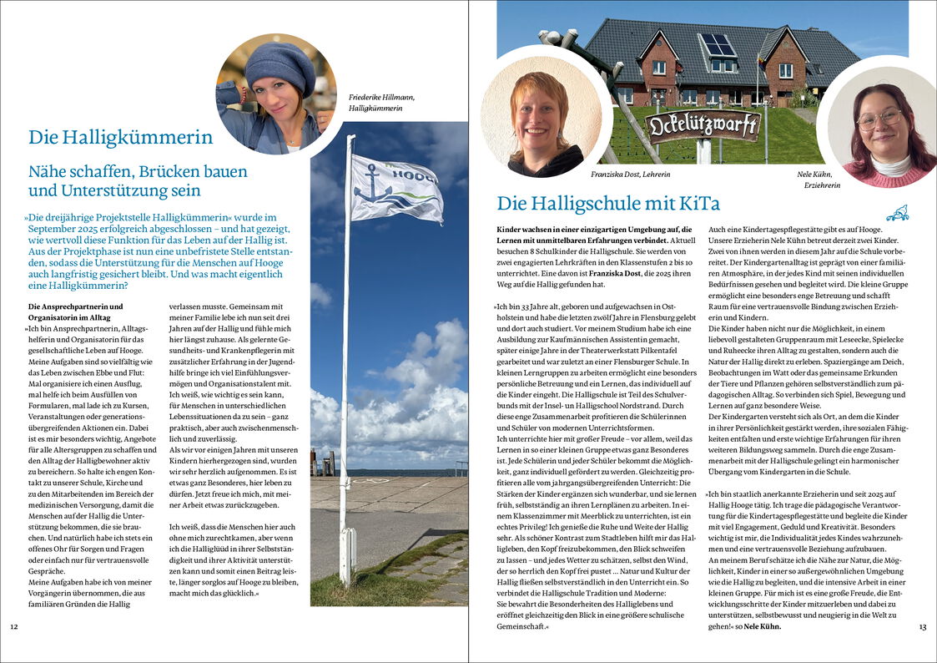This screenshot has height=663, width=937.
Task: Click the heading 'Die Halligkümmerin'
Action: click(120, 138)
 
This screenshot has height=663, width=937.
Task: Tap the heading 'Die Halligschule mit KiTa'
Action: click(608, 204)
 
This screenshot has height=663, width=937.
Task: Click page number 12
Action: click(13, 626)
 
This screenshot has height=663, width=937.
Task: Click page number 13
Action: click(922, 626)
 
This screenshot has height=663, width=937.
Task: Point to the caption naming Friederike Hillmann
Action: click(382, 103)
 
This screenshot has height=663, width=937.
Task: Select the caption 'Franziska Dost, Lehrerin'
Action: click(630, 174)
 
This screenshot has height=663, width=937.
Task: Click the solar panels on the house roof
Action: click(718, 45)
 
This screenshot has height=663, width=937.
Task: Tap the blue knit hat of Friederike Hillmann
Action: click(280, 66)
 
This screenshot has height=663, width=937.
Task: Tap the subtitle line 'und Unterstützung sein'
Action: click(114, 190)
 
